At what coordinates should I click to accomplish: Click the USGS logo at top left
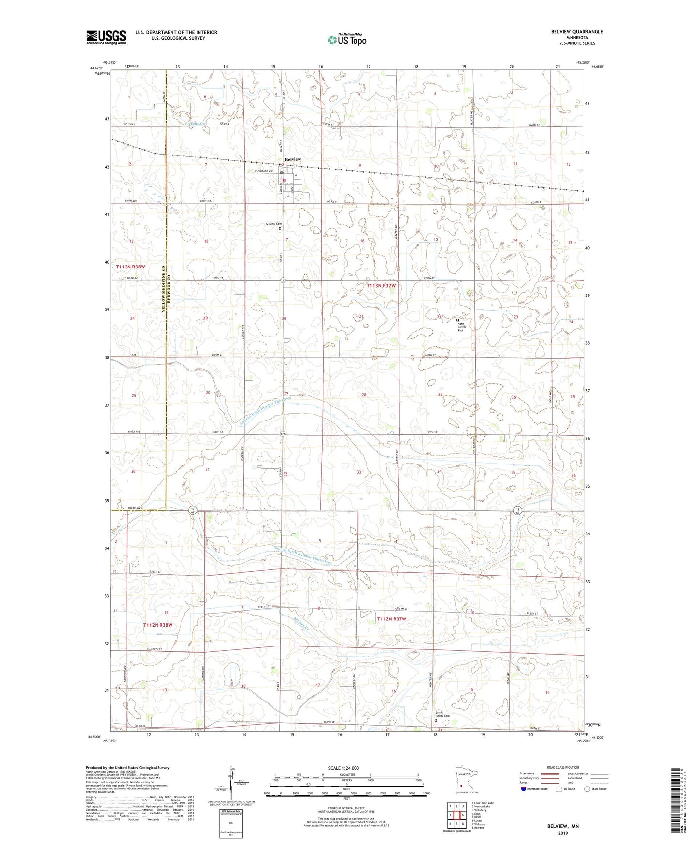(x=106, y=37)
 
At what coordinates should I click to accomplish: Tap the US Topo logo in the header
(x=346, y=40)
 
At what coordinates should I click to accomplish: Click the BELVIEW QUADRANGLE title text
(x=577, y=32)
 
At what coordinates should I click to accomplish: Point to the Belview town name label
(x=293, y=159)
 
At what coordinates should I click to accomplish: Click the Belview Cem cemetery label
(x=273, y=224)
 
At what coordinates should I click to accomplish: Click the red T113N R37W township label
(x=381, y=286)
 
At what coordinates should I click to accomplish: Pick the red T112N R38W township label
(x=158, y=625)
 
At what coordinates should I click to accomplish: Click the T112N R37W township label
(x=391, y=619)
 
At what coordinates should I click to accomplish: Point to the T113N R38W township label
(x=130, y=267)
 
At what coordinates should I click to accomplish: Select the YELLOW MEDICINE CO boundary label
(x=164, y=290)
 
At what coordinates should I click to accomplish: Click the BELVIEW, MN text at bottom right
(x=563, y=826)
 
